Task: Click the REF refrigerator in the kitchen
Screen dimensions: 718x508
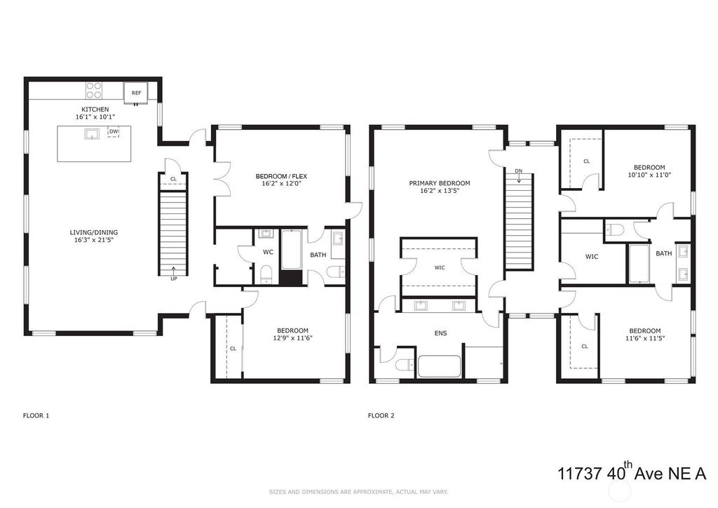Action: click(x=136, y=93)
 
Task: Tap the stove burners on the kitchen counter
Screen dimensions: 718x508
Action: click(x=95, y=91)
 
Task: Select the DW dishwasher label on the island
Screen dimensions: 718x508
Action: click(x=114, y=132)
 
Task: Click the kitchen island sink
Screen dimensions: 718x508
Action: click(x=92, y=134)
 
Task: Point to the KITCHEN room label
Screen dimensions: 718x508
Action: click(x=95, y=109)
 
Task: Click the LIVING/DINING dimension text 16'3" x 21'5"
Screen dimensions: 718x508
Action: click(x=94, y=239)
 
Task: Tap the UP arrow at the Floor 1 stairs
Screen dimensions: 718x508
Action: click(x=174, y=270)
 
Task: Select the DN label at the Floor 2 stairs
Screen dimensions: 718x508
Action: click(x=518, y=171)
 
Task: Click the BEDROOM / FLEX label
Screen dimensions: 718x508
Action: click(x=281, y=176)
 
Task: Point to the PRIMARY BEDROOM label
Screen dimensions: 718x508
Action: click(x=440, y=183)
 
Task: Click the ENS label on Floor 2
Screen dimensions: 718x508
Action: click(x=440, y=333)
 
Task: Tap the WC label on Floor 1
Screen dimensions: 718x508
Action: click(x=268, y=252)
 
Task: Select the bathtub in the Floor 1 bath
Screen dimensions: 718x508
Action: click(x=291, y=250)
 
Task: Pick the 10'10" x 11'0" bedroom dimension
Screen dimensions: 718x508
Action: click(x=649, y=175)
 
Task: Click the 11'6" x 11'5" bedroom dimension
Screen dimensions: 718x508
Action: click(x=645, y=338)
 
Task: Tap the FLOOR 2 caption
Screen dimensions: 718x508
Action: click(x=381, y=415)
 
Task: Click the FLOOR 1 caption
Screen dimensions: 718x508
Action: click(x=36, y=415)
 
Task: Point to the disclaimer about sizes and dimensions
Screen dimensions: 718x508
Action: click(x=358, y=492)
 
